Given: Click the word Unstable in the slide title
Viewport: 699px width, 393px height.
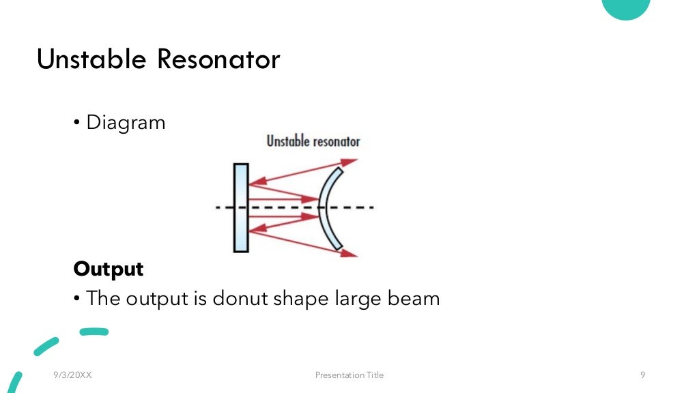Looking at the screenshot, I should click(91, 59).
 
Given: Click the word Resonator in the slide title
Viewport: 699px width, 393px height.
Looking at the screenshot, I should click(218, 59).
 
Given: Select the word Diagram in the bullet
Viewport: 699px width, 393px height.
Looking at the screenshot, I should click(126, 123).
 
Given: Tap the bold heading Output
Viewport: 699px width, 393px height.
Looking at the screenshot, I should click(109, 269).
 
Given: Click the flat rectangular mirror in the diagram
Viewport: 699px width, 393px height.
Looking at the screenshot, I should click(240, 207).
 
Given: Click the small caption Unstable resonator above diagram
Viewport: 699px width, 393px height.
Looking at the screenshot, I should click(313, 142).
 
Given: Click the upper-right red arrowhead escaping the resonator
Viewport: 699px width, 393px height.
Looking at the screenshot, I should click(350, 162).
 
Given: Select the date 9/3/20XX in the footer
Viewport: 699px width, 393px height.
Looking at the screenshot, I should click(72, 375).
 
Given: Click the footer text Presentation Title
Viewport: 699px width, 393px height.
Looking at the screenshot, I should click(349, 375).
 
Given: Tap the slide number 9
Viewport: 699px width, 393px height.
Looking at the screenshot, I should click(643, 375).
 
